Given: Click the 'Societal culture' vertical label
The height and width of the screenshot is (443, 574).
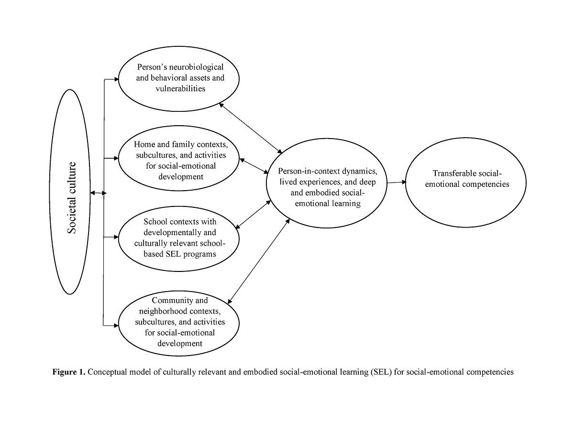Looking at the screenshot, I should click(72, 197).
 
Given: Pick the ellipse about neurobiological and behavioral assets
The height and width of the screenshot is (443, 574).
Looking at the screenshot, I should click(179, 78).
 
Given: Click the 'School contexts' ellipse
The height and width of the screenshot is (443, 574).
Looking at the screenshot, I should click(179, 238).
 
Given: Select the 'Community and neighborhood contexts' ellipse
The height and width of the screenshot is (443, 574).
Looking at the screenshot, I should click(179, 322).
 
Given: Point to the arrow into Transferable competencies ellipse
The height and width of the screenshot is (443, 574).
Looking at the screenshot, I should click(397, 182).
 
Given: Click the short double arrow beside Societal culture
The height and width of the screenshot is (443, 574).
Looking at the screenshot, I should click(98, 193).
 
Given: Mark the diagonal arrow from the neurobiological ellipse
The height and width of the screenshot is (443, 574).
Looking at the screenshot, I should click(251, 127).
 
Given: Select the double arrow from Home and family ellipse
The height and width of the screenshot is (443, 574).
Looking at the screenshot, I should click(254, 166).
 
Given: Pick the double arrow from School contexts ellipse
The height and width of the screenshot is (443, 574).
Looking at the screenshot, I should click(254, 214).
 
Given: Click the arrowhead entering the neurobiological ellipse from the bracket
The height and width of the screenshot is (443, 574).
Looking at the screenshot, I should click(116, 79).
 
